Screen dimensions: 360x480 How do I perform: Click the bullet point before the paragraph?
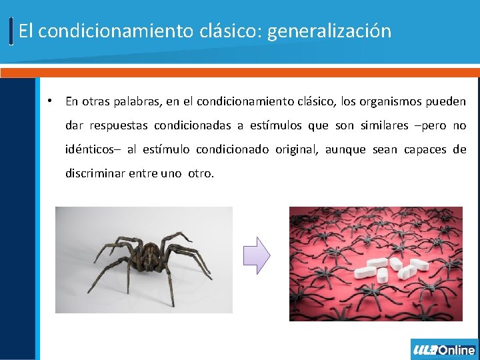pos(49,101)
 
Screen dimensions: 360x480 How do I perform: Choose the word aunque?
pos(345,150)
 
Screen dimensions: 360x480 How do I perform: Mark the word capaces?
pos(424,150)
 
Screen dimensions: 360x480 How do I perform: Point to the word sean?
pos(385,150)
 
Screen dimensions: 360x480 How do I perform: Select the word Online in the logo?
pos(457,350)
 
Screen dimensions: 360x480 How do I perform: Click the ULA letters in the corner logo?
pos(425,350)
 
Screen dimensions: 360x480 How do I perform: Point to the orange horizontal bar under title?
pos(240,72)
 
